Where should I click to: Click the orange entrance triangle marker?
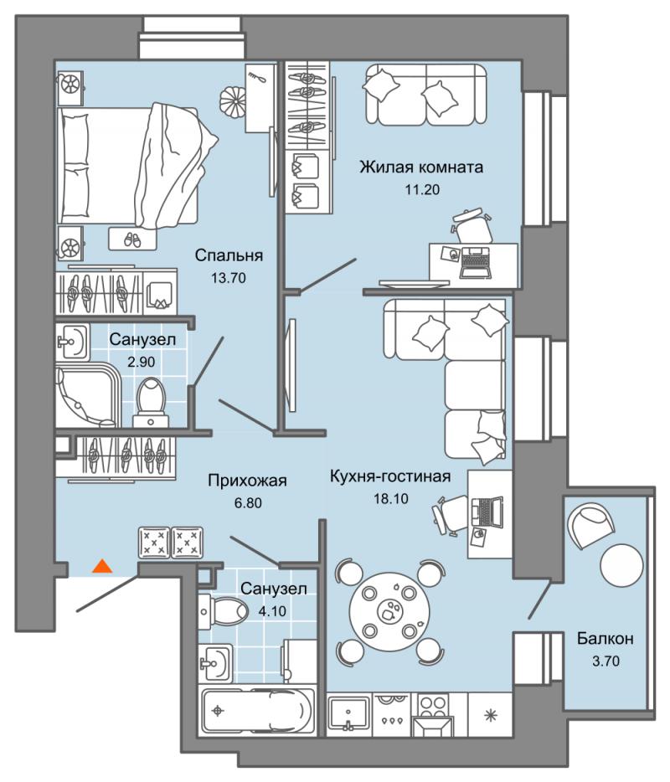(x=101, y=566)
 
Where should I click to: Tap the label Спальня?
(x=229, y=255)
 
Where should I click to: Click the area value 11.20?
(x=421, y=188)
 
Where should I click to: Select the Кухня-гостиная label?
(x=390, y=476)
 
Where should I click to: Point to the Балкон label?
(x=605, y=639)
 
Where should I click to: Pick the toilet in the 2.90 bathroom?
(x=151, y=397)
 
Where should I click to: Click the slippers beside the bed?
(x=133, y=239)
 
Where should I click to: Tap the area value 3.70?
(x=605, y=661)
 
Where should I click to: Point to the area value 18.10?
(x=390, y=497)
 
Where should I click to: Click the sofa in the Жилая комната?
(x=425, y=95)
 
